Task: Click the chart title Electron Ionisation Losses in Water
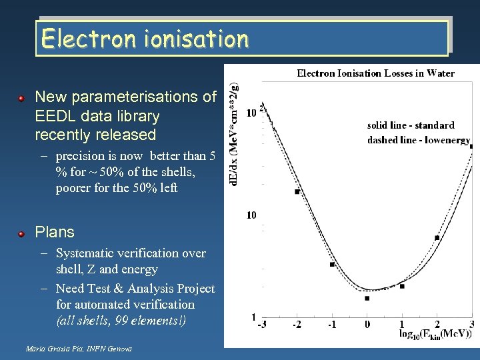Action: click(x=375, y=73)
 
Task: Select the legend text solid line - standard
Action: click(x=411, y=125)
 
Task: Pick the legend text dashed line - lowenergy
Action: click(x=418, y=140)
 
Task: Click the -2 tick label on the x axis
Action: click(x=297, y=324)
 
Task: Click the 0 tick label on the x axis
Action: click(x=367, y=324)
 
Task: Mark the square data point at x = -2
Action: click(x=297, y=192)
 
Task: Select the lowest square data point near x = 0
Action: click(x=367, y=298)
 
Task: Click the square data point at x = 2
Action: click(x=437, y=237)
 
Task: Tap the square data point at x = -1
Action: click(x=332, y=265)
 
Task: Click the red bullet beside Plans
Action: click(x=21, y=233)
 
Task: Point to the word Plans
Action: click(x=55, y=233)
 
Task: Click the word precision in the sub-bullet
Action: click(x=81, y=156)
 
